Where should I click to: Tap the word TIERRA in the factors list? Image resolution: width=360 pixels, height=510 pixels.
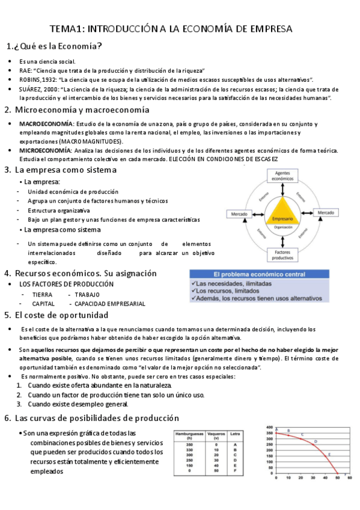[42, 295]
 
